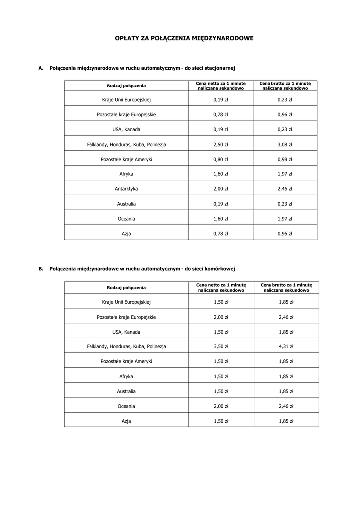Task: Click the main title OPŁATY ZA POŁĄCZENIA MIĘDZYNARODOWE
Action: pos(184,38)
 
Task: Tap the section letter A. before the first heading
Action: pos(41,67)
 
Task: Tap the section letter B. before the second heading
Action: pos(41,269)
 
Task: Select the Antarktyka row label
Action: pos(126,189)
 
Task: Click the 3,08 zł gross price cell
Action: pos(285,144)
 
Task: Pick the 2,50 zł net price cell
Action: pos(220,144)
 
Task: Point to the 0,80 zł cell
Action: pos(220,159)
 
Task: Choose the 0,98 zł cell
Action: pos(285,159)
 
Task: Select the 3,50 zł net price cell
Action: pos(221,346)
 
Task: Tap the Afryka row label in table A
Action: pos(126,174)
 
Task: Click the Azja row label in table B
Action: pos(126,421)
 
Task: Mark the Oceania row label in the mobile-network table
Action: pos(126,406)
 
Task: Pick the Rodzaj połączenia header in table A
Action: pos(126,85)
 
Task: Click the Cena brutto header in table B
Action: pos(286,287)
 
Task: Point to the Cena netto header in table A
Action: pos(220,85)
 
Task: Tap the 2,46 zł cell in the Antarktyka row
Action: pos(285,189)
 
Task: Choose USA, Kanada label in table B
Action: pos(126,332)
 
